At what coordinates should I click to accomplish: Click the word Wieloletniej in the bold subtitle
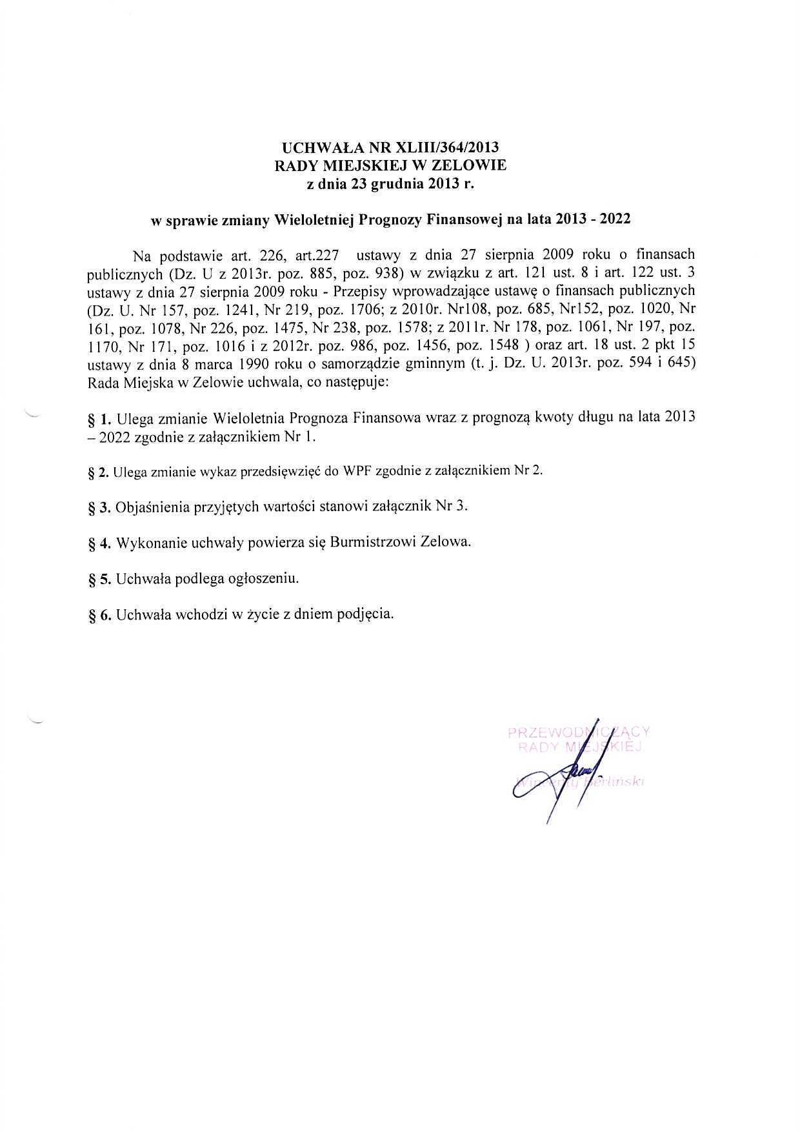pos(312,219)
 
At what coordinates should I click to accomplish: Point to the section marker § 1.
pos(99,419)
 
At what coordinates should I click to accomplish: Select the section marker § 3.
pos(99,507)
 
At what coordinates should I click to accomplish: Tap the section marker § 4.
pos(99,543)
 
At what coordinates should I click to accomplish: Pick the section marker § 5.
pos(99,579)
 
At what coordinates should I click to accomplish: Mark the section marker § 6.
pos(99,614)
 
